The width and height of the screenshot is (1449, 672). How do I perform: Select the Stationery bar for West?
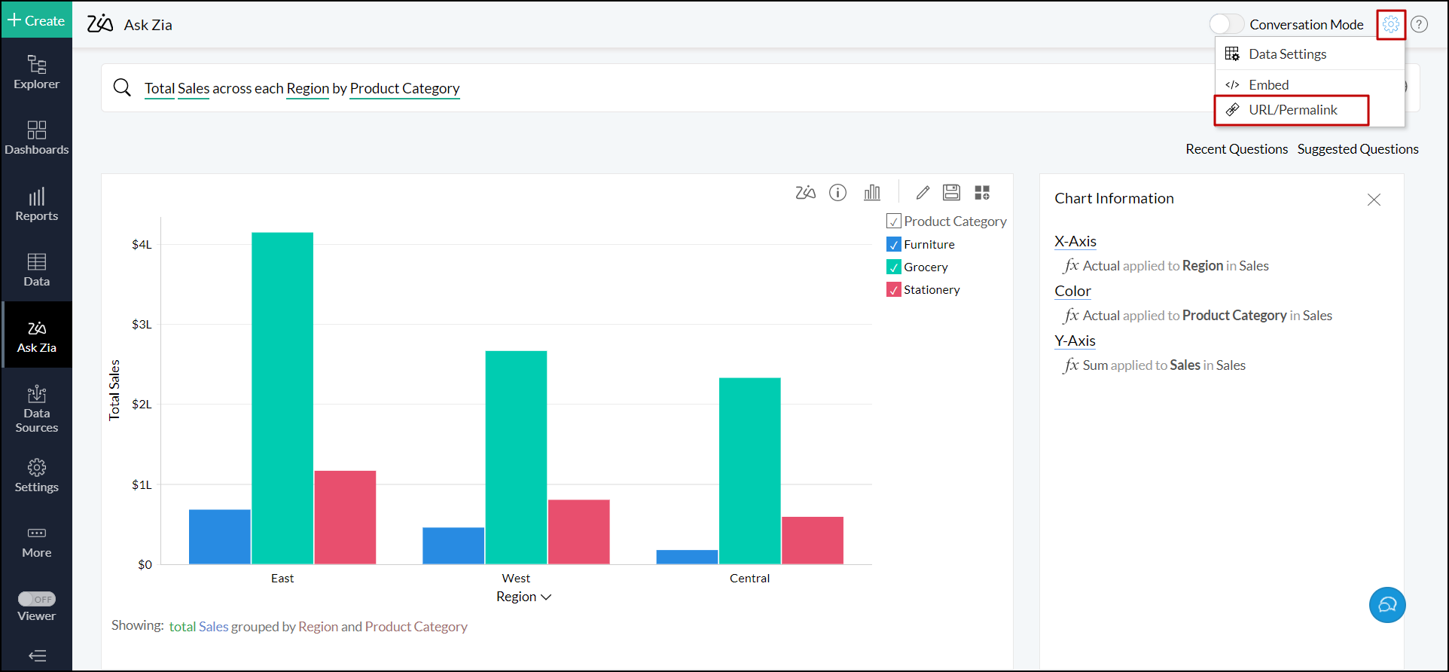578,531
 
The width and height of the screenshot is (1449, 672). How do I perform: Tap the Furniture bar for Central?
687,557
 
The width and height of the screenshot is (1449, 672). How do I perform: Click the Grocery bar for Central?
749,470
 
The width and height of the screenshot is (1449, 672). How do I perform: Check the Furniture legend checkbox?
894,245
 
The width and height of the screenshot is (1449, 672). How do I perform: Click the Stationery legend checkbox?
894,290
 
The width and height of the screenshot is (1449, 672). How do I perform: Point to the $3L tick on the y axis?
142,325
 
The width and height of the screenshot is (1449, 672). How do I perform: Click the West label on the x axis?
516,579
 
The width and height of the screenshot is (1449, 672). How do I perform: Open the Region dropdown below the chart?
524,597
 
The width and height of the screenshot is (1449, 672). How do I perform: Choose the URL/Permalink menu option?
1292,110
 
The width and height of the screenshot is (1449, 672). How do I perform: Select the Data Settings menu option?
1286,54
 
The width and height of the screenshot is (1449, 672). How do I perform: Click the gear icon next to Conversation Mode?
1390,25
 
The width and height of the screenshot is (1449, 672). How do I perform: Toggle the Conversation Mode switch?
1227,25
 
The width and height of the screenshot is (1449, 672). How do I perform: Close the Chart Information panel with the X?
1374,200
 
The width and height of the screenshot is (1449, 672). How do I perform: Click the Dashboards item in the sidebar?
36,138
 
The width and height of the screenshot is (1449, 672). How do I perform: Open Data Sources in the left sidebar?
36,409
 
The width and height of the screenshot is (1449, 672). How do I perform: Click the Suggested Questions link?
1357,149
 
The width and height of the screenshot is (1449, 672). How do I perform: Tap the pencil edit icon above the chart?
923,193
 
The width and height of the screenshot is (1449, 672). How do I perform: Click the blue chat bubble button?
1386,605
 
